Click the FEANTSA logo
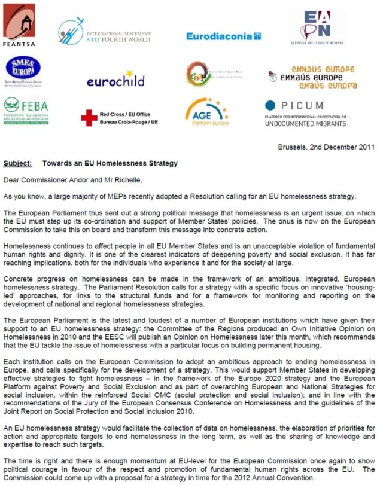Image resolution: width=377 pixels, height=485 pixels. point(19,25)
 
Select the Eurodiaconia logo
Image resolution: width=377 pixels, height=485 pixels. point(223,36)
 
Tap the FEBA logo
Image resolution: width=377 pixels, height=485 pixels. point(26,111)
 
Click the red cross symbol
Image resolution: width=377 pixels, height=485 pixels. point(89,118)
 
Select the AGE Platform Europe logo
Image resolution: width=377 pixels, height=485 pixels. point(207,112)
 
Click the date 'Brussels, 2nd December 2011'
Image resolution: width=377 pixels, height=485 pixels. point(327,147)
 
